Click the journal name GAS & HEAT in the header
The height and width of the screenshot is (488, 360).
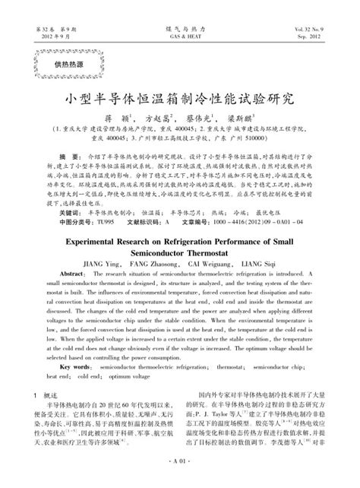pos(180,36)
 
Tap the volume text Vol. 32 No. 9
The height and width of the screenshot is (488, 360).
pos(315,29)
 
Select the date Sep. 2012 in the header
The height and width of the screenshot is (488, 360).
pos(317,36)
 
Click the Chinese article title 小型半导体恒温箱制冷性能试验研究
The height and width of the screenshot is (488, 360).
pos(180,99)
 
